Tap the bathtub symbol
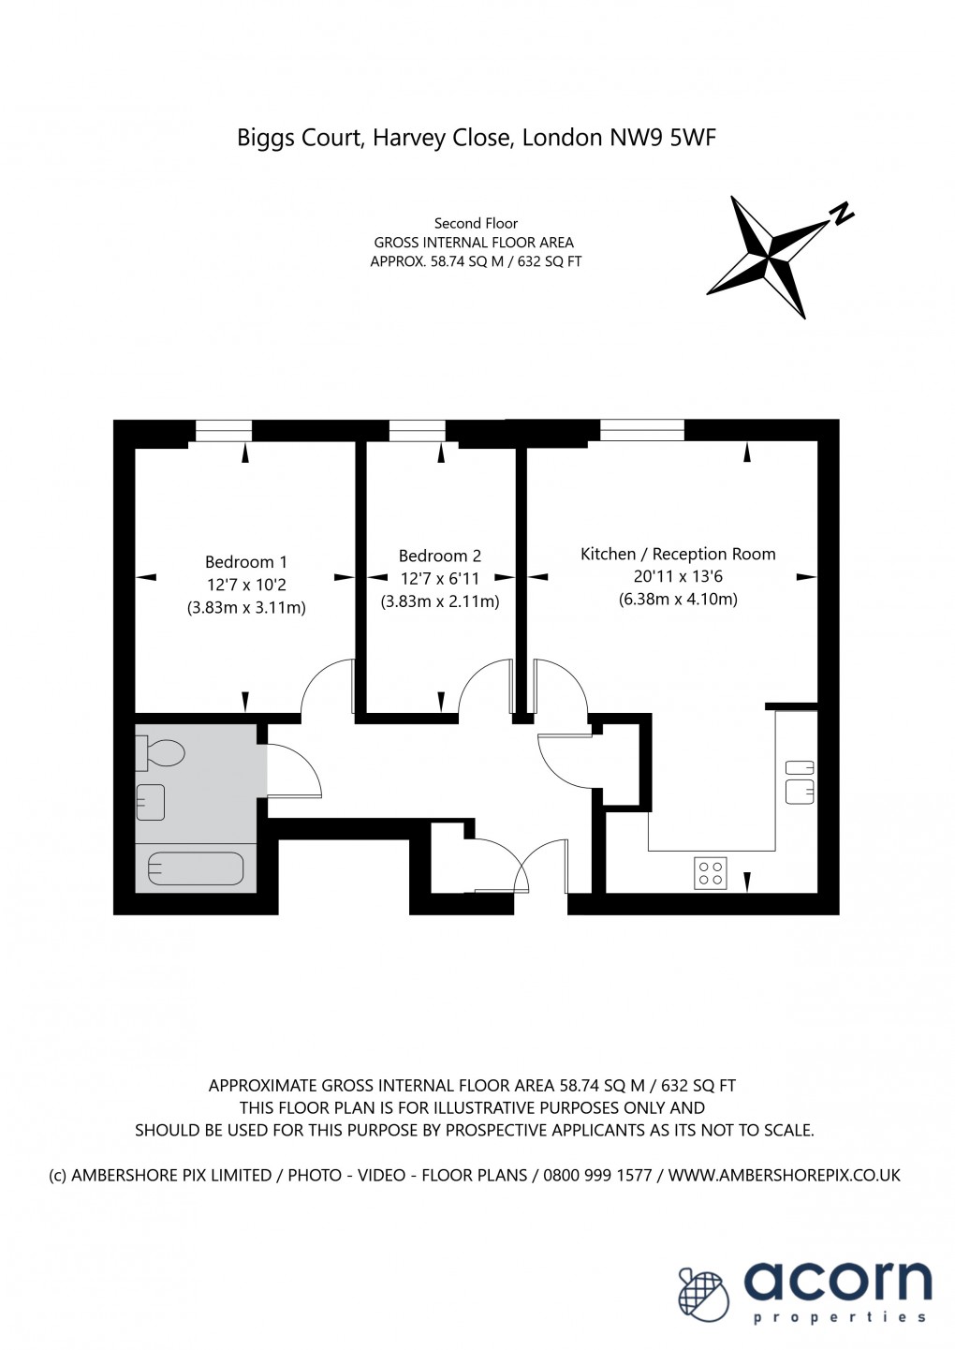[195, 868]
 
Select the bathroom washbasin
[150, 802]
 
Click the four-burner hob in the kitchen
[711, 873]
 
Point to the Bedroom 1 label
[246, 562]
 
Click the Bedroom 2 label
[439, 556]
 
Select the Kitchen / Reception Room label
[678, 554]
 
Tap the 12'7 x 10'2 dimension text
[246, 585]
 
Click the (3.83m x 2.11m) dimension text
[439, 601]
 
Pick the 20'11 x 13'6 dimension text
[678, 577]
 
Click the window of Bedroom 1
[224, 431]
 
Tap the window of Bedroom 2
[418, 431]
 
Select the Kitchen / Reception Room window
[642, 430]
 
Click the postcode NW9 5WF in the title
[663, 138]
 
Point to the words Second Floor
[476, 224]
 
